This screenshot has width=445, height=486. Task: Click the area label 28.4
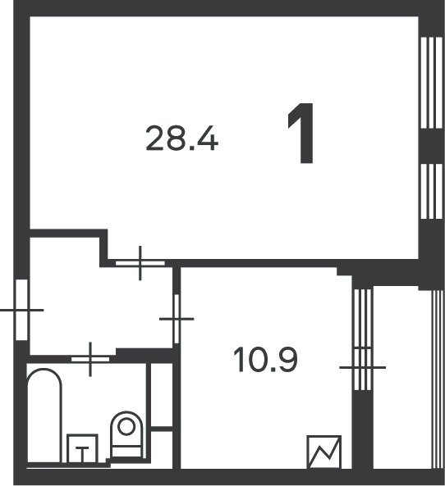(181, 139)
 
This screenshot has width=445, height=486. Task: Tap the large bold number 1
(301, 139)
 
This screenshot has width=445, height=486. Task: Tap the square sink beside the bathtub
(81, 449)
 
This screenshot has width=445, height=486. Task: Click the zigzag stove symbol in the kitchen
(323, 452)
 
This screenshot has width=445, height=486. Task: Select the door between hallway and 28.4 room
(140, 263)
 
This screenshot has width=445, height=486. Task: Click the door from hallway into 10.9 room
(176, 319)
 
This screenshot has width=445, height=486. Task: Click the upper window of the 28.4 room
(429, 82)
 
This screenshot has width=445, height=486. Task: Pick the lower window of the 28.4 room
(429, 191)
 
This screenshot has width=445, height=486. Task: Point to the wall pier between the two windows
(429, 144)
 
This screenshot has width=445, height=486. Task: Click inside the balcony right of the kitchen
(401, 377)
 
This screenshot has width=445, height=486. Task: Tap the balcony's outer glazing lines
(435, 377)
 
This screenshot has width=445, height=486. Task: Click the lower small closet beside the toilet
(162, 448)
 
